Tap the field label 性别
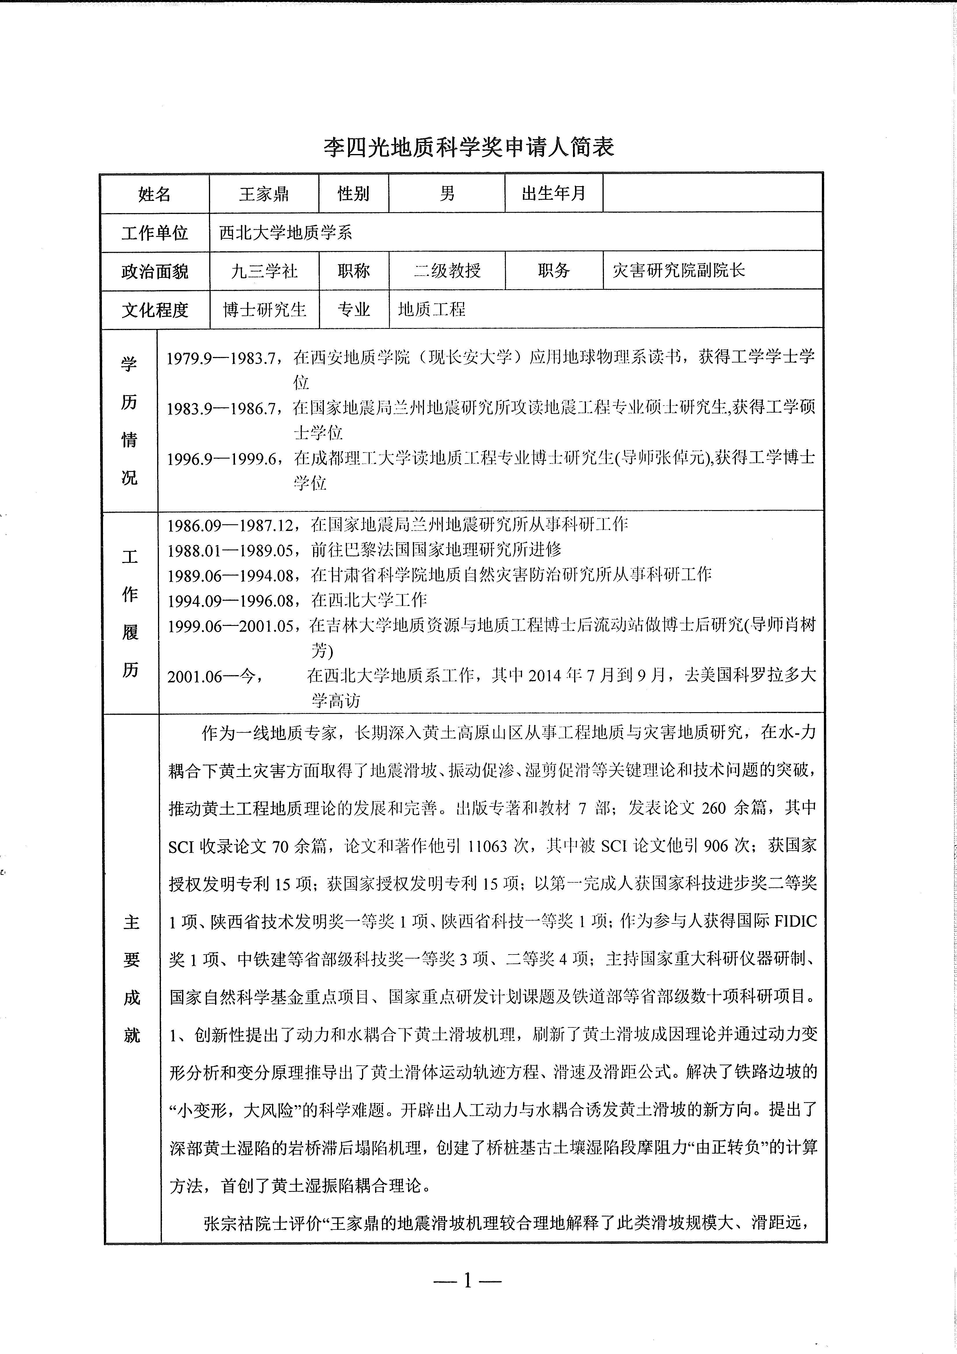[x=353, y=193]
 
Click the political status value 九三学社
[x=264, y=271]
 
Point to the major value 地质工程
[x=432, y=309]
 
